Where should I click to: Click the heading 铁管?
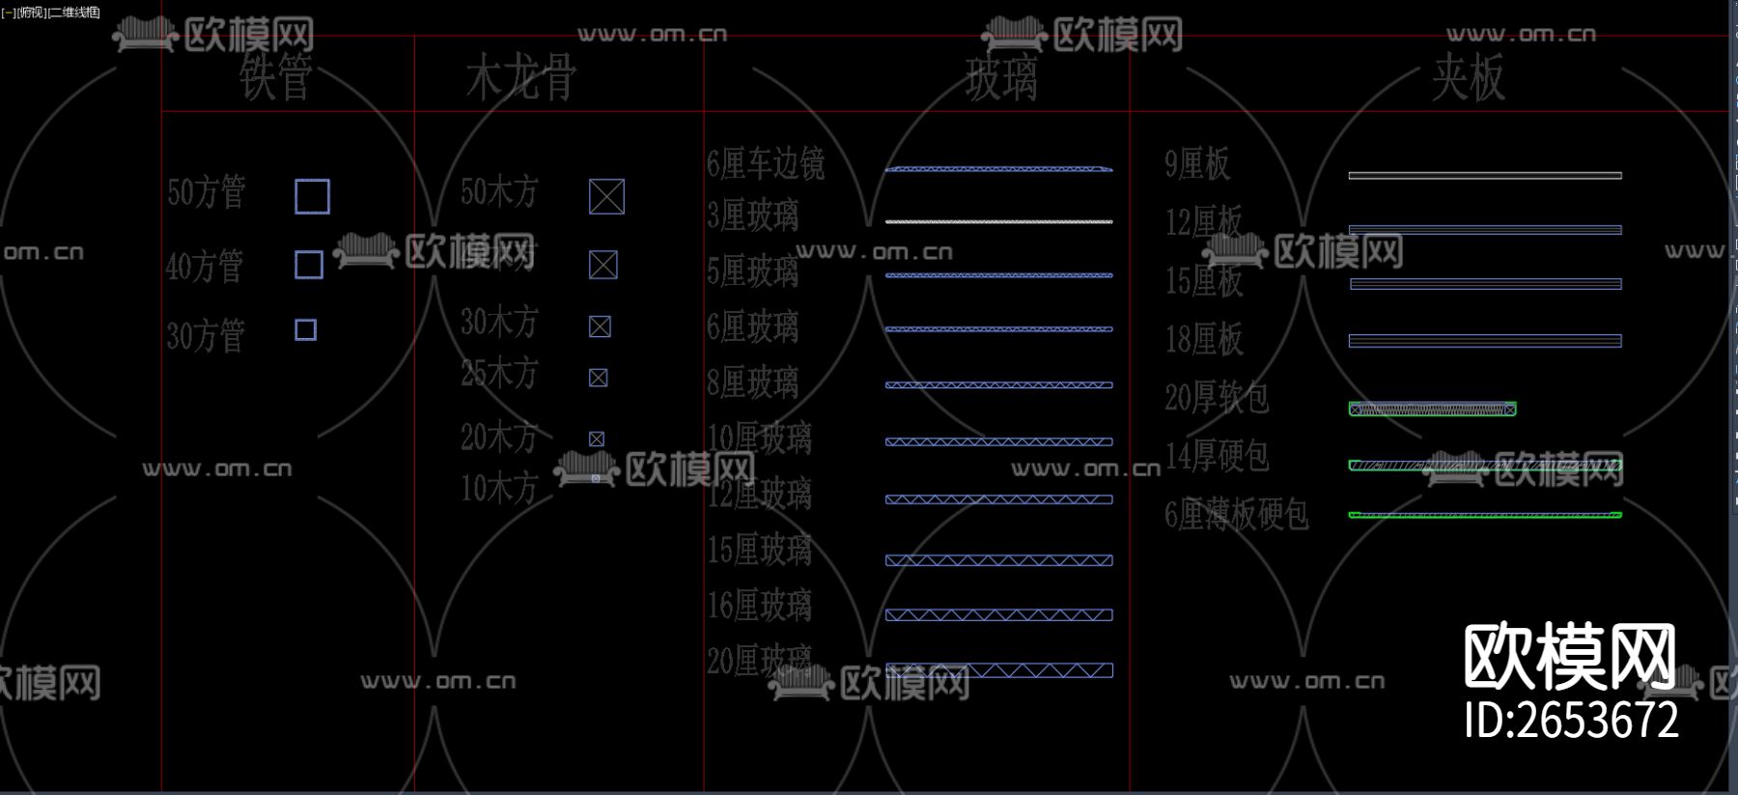(276, 77)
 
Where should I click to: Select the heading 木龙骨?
(520, 77)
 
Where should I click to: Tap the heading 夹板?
(1468, 77)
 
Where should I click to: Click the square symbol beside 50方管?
(312, 196)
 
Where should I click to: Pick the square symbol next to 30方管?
(305, 330)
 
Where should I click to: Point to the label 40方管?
(205, 266)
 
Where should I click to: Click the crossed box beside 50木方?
(606, 196)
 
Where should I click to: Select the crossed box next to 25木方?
(599, 378)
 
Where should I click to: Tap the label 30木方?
(498, 322)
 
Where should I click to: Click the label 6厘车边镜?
(766, 164)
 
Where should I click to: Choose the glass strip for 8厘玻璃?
(998, 385)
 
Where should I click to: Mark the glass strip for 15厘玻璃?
(998, 560)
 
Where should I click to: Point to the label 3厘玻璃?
(753, 215)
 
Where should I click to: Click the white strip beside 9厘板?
(1484, 176)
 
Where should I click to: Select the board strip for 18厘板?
(1484, 341)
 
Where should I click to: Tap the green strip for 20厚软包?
(1432, 410)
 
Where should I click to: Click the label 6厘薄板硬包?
(1236, 515)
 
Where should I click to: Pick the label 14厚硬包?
(1217, 456)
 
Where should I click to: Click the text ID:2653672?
(1571, 721)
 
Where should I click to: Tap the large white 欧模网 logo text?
(1570, 657)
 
